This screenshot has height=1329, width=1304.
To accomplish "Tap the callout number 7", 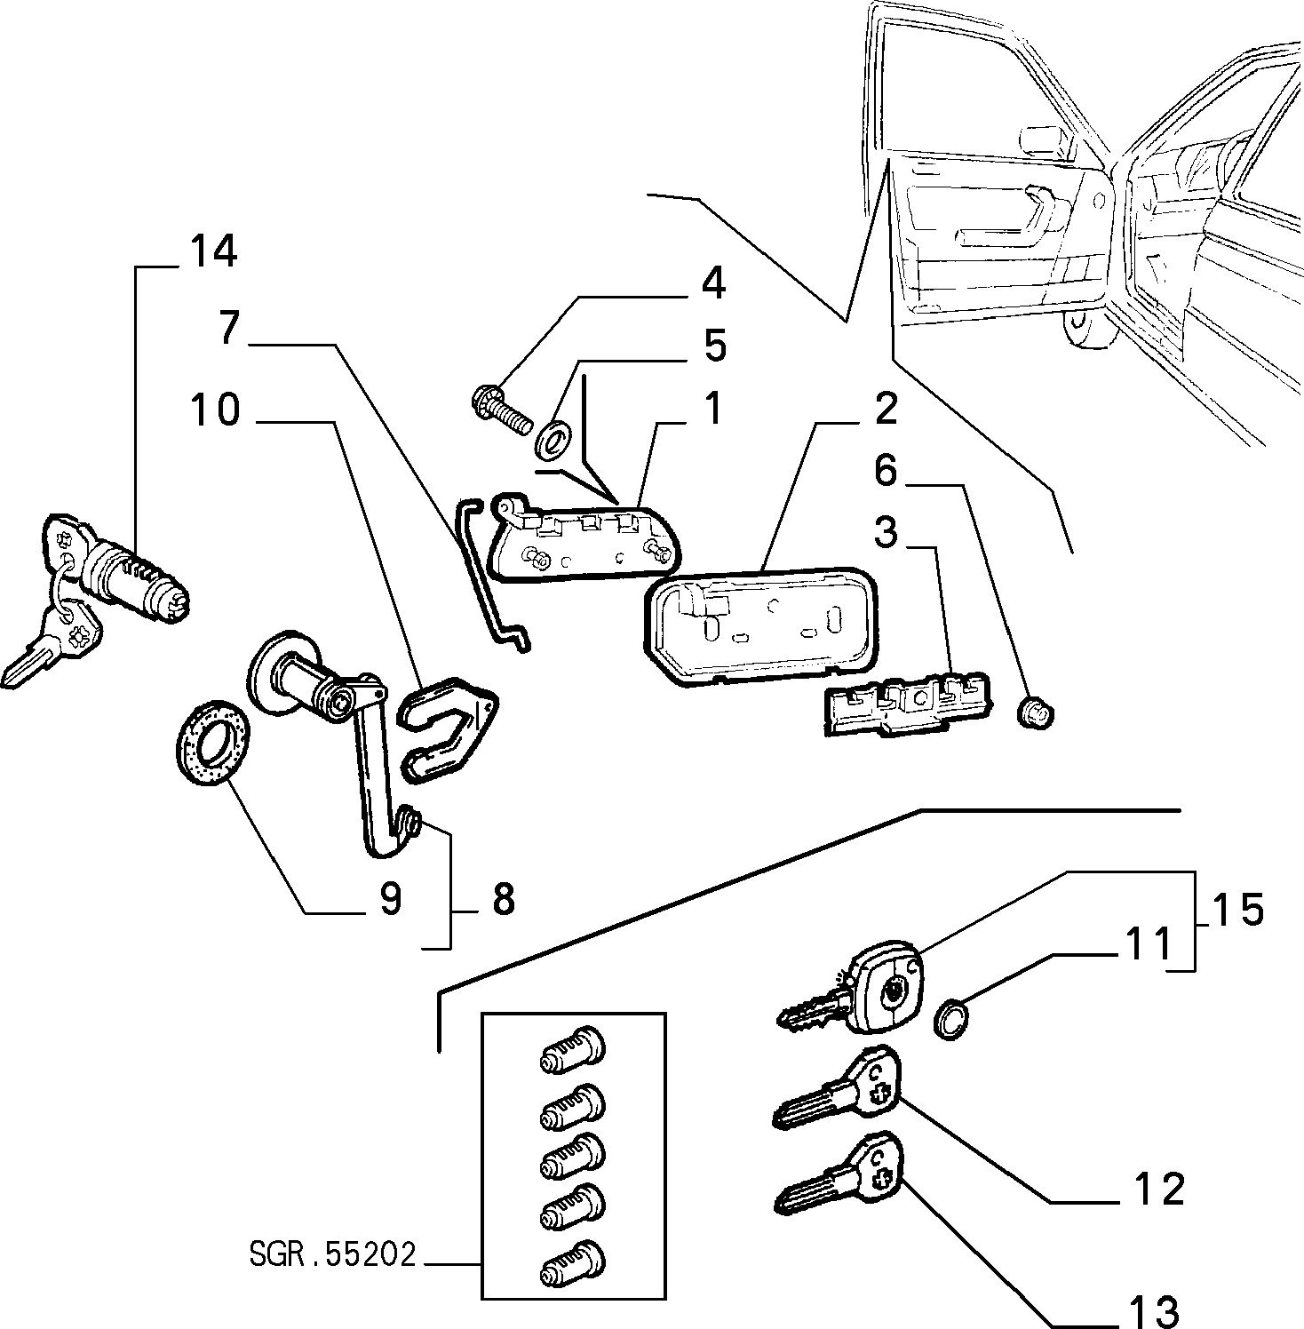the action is pos(230,328).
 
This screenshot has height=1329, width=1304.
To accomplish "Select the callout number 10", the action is pos(216,410).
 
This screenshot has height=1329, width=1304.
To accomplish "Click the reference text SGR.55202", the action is pos(332,1255).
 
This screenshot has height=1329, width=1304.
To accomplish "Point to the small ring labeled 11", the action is pos(950,1018).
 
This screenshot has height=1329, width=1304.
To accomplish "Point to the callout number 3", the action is pos(886,533).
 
